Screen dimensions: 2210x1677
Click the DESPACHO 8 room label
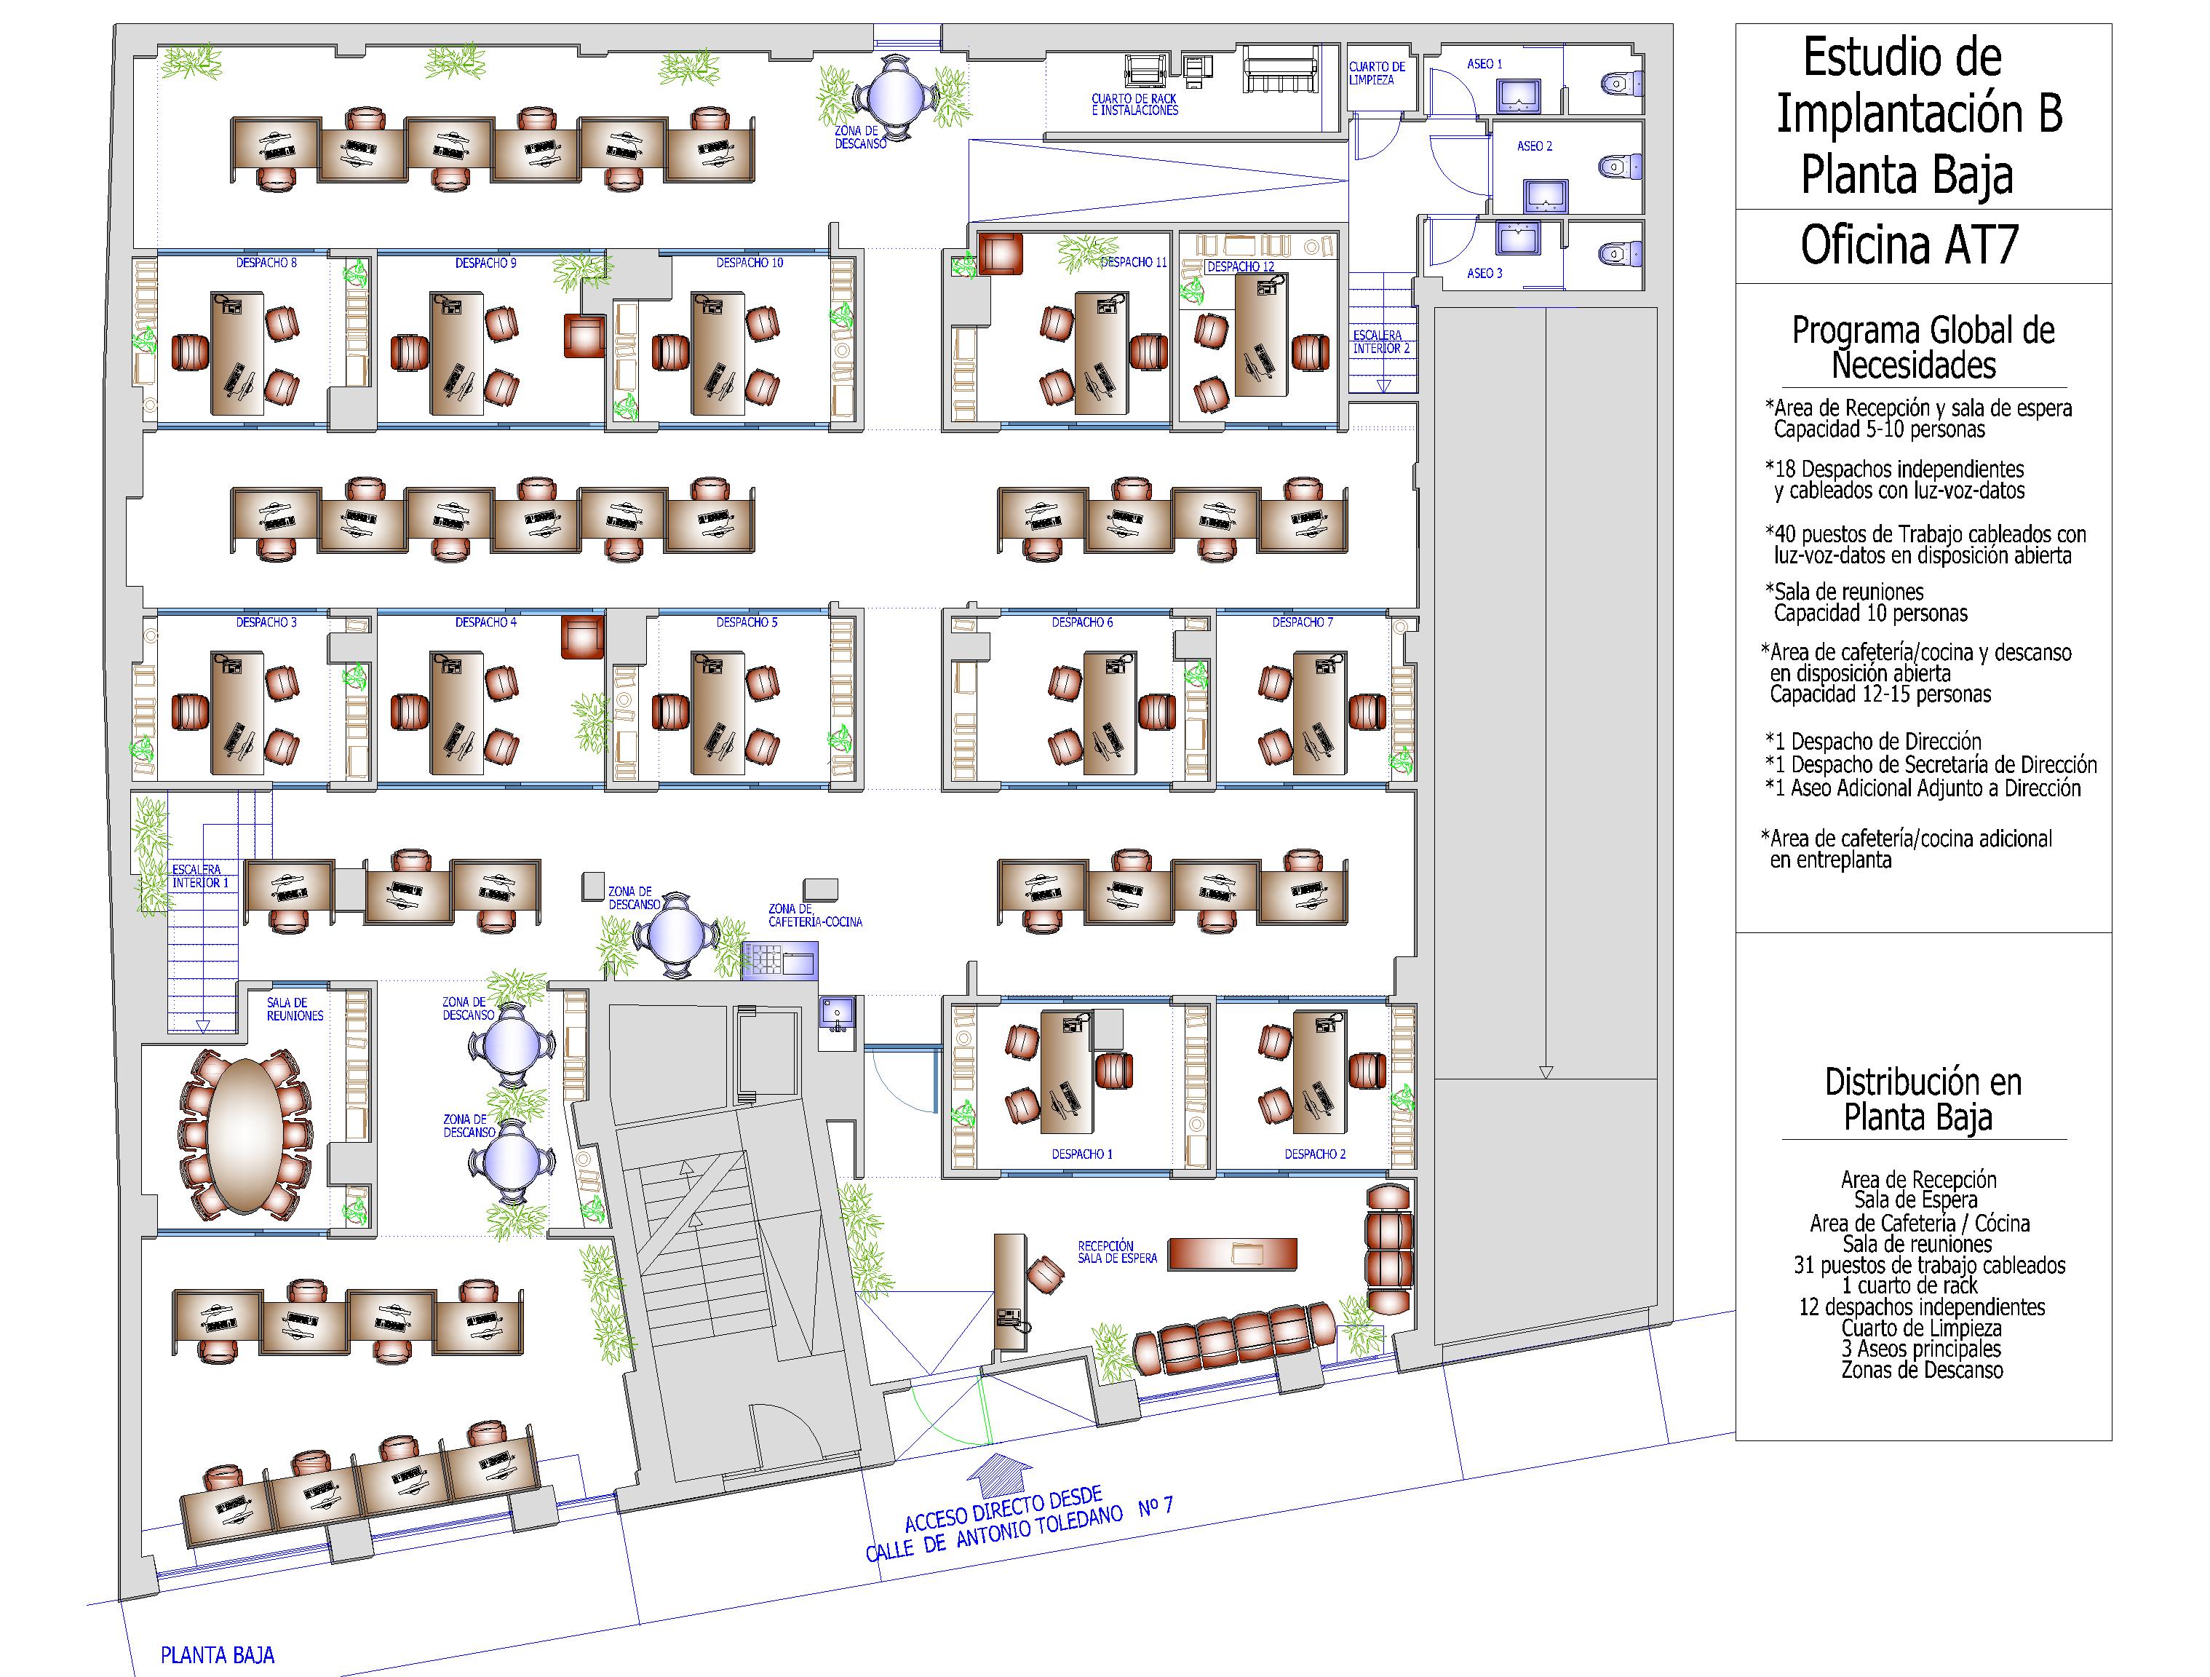(266, 263)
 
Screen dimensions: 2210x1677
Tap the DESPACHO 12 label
(1240, 267)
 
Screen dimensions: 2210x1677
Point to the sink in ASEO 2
(1545, 196)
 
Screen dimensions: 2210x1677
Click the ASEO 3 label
(1484, 273)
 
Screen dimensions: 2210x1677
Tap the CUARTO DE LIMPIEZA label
(1377, 73)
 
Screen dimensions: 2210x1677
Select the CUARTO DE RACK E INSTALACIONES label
(1134, 105)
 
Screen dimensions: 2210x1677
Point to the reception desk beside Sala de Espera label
(1232, 1253)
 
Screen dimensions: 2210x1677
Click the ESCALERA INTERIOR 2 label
(1380, 342)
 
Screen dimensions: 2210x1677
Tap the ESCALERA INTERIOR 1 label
(200, 876)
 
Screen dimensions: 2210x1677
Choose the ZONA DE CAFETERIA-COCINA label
(814, 916)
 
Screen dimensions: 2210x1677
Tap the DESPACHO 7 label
(1302, 622)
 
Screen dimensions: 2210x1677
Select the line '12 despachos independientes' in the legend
(1921, 1307)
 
